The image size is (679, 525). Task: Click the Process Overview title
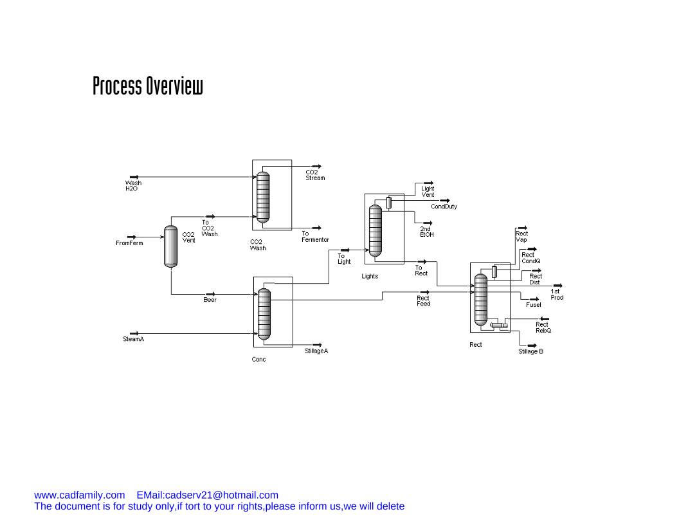pyautogui.click(x=147, y=86)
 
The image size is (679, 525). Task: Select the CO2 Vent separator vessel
pyautogui.click(x=170, y=246)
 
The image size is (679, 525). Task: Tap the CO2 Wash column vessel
pyautogui.click(x=262, y=196)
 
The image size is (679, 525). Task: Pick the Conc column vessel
pyautogui.click(x=264, y=314)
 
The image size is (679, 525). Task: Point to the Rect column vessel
pyautogui.click(x=480, y=299)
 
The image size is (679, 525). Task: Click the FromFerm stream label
pyautogui.click(x=129, y=243)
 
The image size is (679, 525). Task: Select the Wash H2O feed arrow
pyautogui.click(x=134, y=177)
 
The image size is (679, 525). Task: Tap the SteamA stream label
pyautogui.click(x=133, y=339)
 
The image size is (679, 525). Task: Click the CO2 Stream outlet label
pyautogui.click(x=315, y=175)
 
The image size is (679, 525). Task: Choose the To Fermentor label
pyautogui.click(x=315, y=237)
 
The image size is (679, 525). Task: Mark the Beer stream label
pyautogui.click(x=210, y=300)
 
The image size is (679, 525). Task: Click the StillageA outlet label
pyautogui.click(x=316, y=351)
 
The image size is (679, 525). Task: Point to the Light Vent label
pyautogui.click(x=428, y=191)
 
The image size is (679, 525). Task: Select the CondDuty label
pyautogui.click(x=444, y=207)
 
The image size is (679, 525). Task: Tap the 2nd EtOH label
pyautogui.click(x=426, y=232)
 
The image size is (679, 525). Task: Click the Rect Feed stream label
pyautogui.click(x=423, y=300)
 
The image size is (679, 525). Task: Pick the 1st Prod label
pyautogui.click(x=557, y=294)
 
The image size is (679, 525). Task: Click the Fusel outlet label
pyautogui.click(x=533, y=304)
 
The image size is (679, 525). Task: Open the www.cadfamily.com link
pyautogui.click(x=79, y=495)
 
